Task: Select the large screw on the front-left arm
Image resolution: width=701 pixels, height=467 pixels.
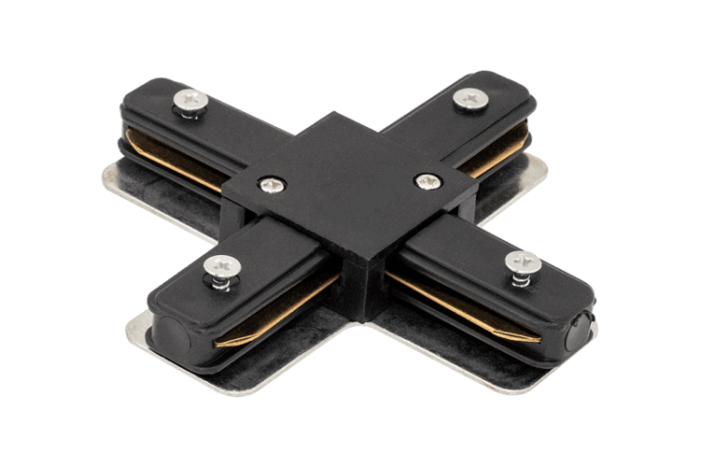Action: click(x=222, y=265)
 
